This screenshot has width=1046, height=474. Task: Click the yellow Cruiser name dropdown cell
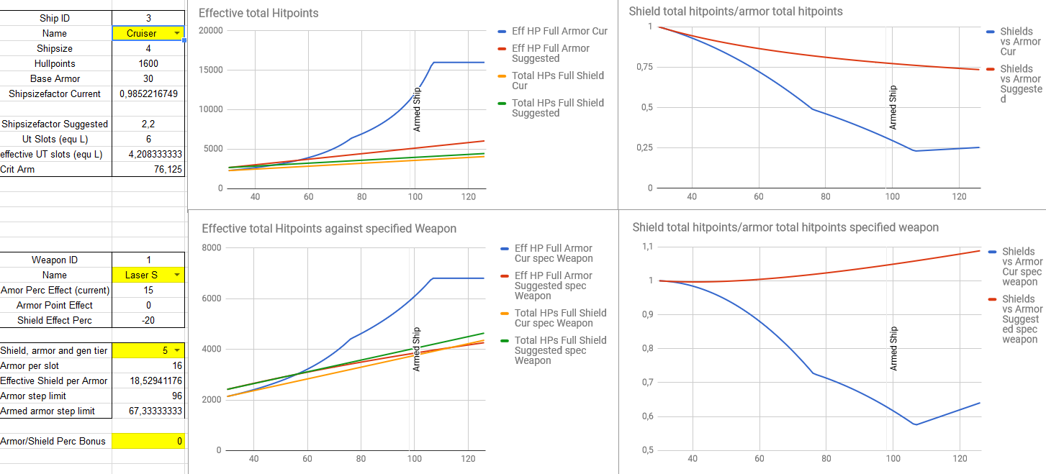pyautogui.click(x=148, y=33)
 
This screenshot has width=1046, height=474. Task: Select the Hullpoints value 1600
pyautogui.click(x=148, y=63)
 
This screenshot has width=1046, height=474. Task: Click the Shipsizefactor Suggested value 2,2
pyautogui.click(x=148, y=124)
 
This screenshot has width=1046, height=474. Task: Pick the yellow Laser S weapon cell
pyautogui.click(x=148, y=275)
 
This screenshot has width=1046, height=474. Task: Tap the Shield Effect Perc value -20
pyautogui.click(x=148, y=320)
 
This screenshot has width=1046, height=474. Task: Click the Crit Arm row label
pyautogui.click(x=17, y=169)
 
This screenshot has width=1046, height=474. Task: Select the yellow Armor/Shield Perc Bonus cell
pyautogui.click(x=148, y=441)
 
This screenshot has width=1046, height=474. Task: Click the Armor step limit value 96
pyautogui.click(x=148, y=396)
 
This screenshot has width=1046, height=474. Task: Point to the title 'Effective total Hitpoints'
pyautogui.click(x=258, y=13)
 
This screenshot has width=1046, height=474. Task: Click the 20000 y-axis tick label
pyautogui.click(x=209, y=30)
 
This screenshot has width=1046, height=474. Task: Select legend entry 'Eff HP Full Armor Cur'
pyautogui.click(x=559, y=32)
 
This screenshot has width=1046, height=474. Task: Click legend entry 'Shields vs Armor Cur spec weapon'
pyautogui.click(x=1022, y=266)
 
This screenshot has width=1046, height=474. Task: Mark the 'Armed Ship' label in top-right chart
pyautogui.click(x=893, y=107)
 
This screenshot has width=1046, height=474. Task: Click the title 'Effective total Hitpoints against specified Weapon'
pyautogui.click(x=329, y=229)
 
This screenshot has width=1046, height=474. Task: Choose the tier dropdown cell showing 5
pyautogui.click(x=148, y=350)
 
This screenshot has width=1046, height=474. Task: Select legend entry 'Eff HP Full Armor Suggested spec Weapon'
pyautogui.click(x=553, y=286)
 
